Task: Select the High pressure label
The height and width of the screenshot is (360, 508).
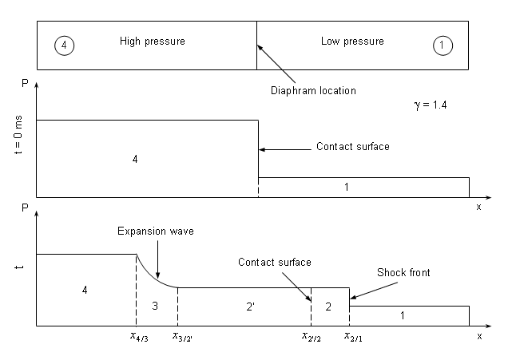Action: [152, 42]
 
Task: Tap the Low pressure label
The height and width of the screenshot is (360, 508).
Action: [352, 42]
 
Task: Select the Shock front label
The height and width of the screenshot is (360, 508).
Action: [403, 273]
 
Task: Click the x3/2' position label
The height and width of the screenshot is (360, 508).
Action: [183, 336]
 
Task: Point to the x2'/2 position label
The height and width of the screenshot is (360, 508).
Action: [312, 336]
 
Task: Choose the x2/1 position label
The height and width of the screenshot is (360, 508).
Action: [351, 336]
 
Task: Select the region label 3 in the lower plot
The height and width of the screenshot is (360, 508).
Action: [156, 306]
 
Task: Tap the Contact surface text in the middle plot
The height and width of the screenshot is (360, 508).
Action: [353, 147]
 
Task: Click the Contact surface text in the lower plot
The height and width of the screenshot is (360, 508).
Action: [274, 262]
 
